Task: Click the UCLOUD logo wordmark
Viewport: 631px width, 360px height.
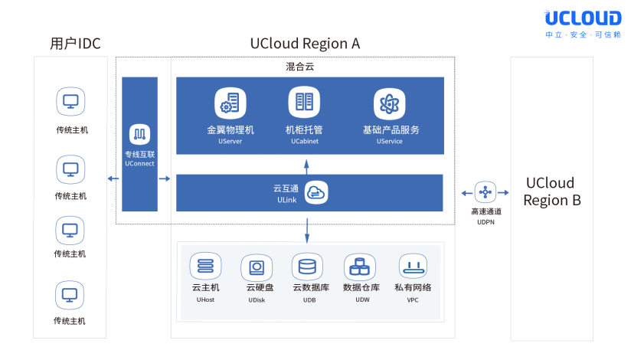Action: (x=583, y=18)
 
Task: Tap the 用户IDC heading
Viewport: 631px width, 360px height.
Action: (x=75, y=44)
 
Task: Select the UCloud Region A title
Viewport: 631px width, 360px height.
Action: (x=305, y=44)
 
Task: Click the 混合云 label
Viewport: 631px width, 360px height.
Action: (x=300, y=67)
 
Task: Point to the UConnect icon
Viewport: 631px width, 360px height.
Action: (x=139, y=134)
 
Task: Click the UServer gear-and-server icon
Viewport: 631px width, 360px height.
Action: (x=230, y=103)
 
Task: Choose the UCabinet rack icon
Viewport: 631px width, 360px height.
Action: (x=304, y=102)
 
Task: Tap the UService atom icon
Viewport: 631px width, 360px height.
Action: (x=389, y=104)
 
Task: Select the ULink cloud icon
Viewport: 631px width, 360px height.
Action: (x=316, y=193)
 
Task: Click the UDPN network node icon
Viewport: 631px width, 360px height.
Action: (x=486, y=192)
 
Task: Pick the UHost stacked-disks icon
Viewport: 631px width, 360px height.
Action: (x=206, y=266)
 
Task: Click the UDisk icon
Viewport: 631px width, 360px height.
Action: (x=257, y=268)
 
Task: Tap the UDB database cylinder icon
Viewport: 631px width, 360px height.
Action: (x=307, y=267)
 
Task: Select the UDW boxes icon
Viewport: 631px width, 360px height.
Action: (x=360, y=267)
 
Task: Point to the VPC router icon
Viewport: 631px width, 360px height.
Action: (x=414, y=267)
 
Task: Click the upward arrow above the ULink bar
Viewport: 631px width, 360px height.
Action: (x=306, y=167)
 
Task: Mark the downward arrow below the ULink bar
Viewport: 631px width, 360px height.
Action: (x=307, y=231)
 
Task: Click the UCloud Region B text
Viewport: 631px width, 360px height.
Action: (x=552, y=191)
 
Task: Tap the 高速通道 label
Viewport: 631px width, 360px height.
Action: (x=486, y=211)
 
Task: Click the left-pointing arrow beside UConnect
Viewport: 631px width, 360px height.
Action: (x=113, y=178)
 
